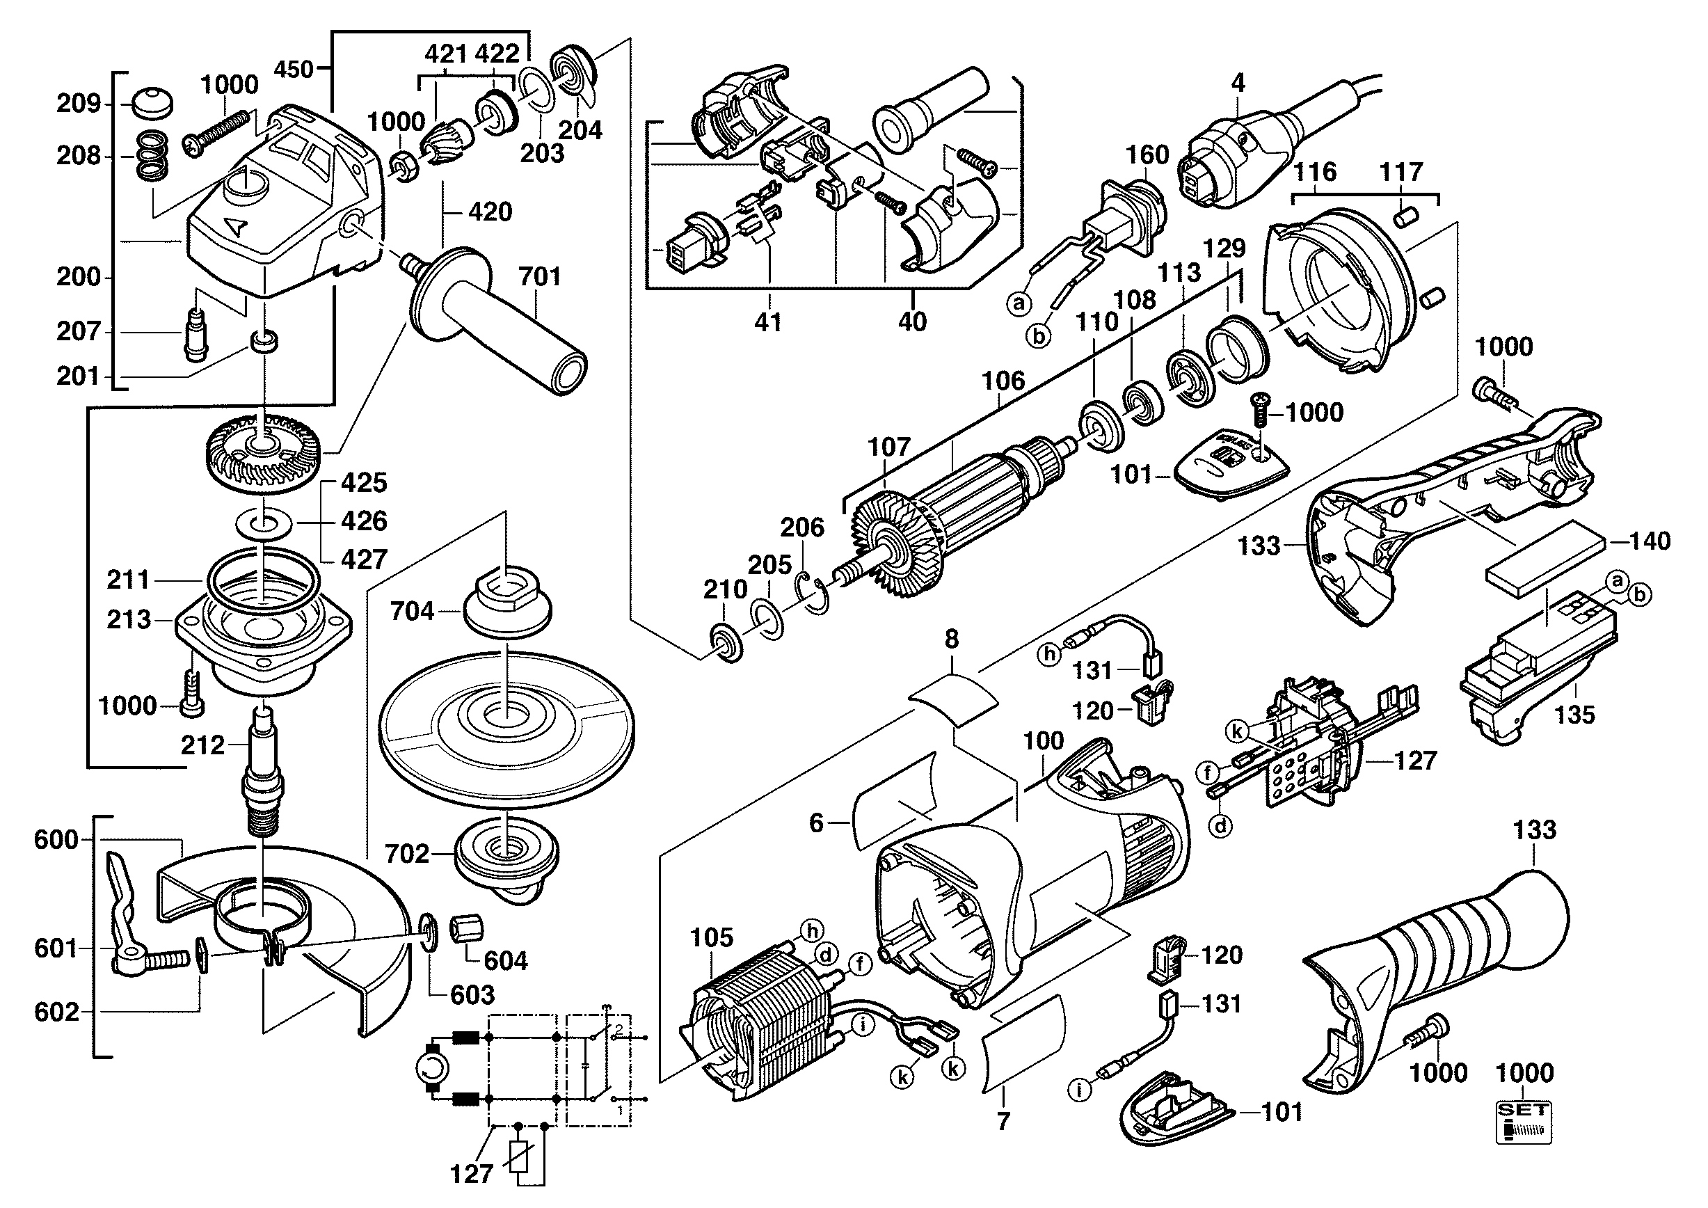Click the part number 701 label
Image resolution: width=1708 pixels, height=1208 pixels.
pos(539,277)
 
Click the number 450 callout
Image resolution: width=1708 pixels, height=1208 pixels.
pos(294,69)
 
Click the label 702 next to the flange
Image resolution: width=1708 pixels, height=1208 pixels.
pos(407,853)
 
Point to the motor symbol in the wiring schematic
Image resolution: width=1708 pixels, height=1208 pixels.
pos(432,1070)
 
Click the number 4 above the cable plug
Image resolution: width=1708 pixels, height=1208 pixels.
pos(1238,83)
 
